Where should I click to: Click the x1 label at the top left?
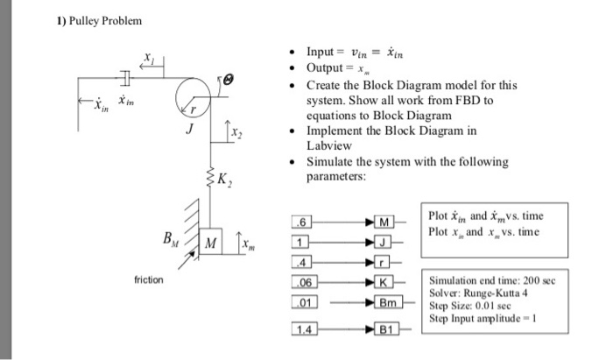148,58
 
